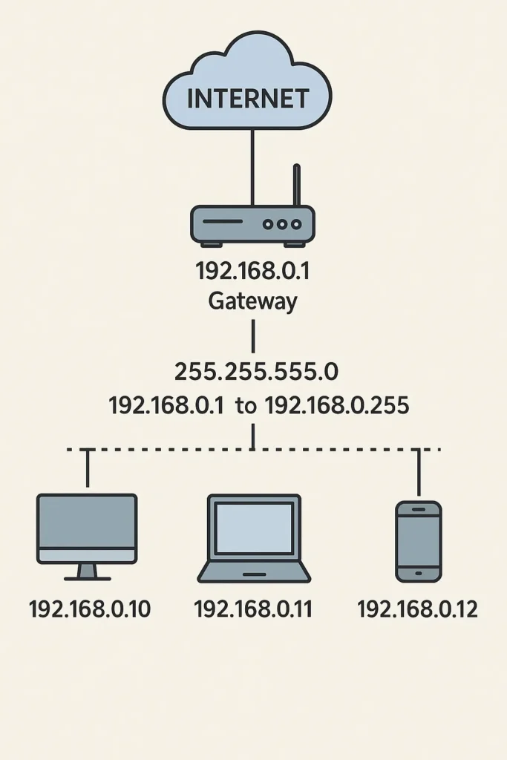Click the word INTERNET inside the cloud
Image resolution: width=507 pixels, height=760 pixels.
pos(247,98)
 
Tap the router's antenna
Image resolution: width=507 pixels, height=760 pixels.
pos(296,186)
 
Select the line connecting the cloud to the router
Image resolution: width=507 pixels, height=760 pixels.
pos(252,167)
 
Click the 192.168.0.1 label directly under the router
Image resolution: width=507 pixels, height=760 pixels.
pos(252,272)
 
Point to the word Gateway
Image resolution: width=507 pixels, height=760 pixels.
pos(252,301)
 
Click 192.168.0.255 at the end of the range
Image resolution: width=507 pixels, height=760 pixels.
pos(336,406)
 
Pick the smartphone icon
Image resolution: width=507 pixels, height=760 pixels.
pos(418,541)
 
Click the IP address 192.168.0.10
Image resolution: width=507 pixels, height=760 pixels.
pos(89,610)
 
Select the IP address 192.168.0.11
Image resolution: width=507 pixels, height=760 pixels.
pos(253,610)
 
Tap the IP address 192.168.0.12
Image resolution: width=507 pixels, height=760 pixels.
pos(417,610)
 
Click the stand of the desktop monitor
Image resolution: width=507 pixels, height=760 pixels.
pos(87,571)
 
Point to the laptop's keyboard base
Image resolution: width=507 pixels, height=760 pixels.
pos(254,572)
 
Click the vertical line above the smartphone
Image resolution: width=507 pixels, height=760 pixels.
pos(419,473)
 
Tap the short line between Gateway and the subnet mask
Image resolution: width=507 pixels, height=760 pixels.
pos(253,335)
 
